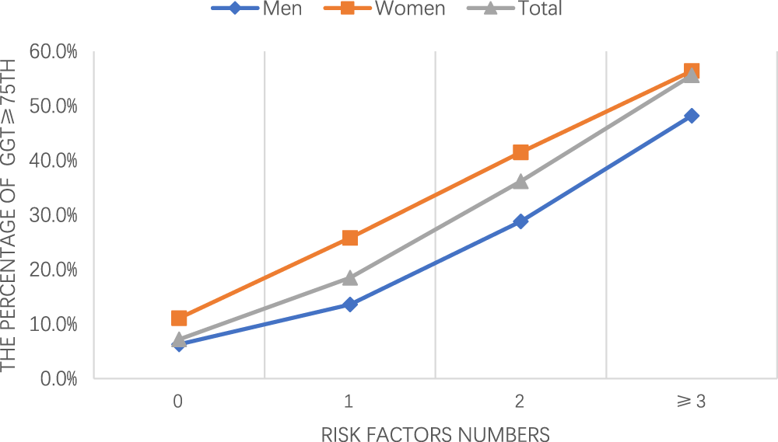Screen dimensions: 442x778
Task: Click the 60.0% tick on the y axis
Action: tap(54, 52)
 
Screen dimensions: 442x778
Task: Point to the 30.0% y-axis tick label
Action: tap(54, 215)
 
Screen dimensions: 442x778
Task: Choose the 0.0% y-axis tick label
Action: tap(58, 378)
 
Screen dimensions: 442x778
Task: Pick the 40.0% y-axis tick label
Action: tap(54, 161)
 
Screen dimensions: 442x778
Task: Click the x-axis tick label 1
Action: tap(349, 402)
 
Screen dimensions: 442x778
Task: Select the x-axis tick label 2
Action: tap(520, 402)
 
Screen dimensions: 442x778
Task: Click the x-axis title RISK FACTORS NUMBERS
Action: tap(435, 433)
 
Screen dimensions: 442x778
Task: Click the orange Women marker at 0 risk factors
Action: tap(179, 318)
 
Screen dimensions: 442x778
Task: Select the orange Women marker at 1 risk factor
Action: tap(349, 238)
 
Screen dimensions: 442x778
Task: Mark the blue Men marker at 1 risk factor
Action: tap(349, 305)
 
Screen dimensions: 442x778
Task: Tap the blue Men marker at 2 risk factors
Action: tap(520, 221)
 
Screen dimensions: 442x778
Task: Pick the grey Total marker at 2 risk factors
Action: tap(520, 181)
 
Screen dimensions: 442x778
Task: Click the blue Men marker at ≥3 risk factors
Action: tap(691, 116)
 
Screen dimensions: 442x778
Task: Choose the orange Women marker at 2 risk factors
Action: tap(520, 152)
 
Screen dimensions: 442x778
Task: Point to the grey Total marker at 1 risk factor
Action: tap(349, 277)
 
